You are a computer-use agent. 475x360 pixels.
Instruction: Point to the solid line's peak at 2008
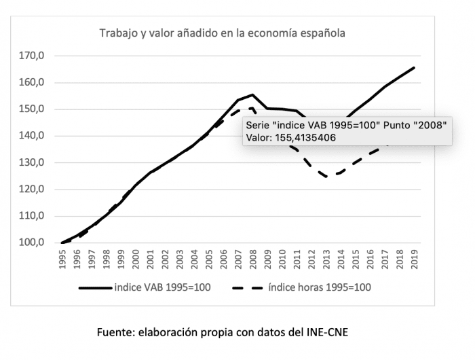(252, 94)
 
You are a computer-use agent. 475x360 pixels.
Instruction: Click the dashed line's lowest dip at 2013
(326, 177)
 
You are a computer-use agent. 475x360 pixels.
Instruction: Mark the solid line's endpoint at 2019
(414, 67)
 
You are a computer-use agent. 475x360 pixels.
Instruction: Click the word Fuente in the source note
(117, 332)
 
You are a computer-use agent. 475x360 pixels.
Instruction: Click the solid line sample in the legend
(95, 287)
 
